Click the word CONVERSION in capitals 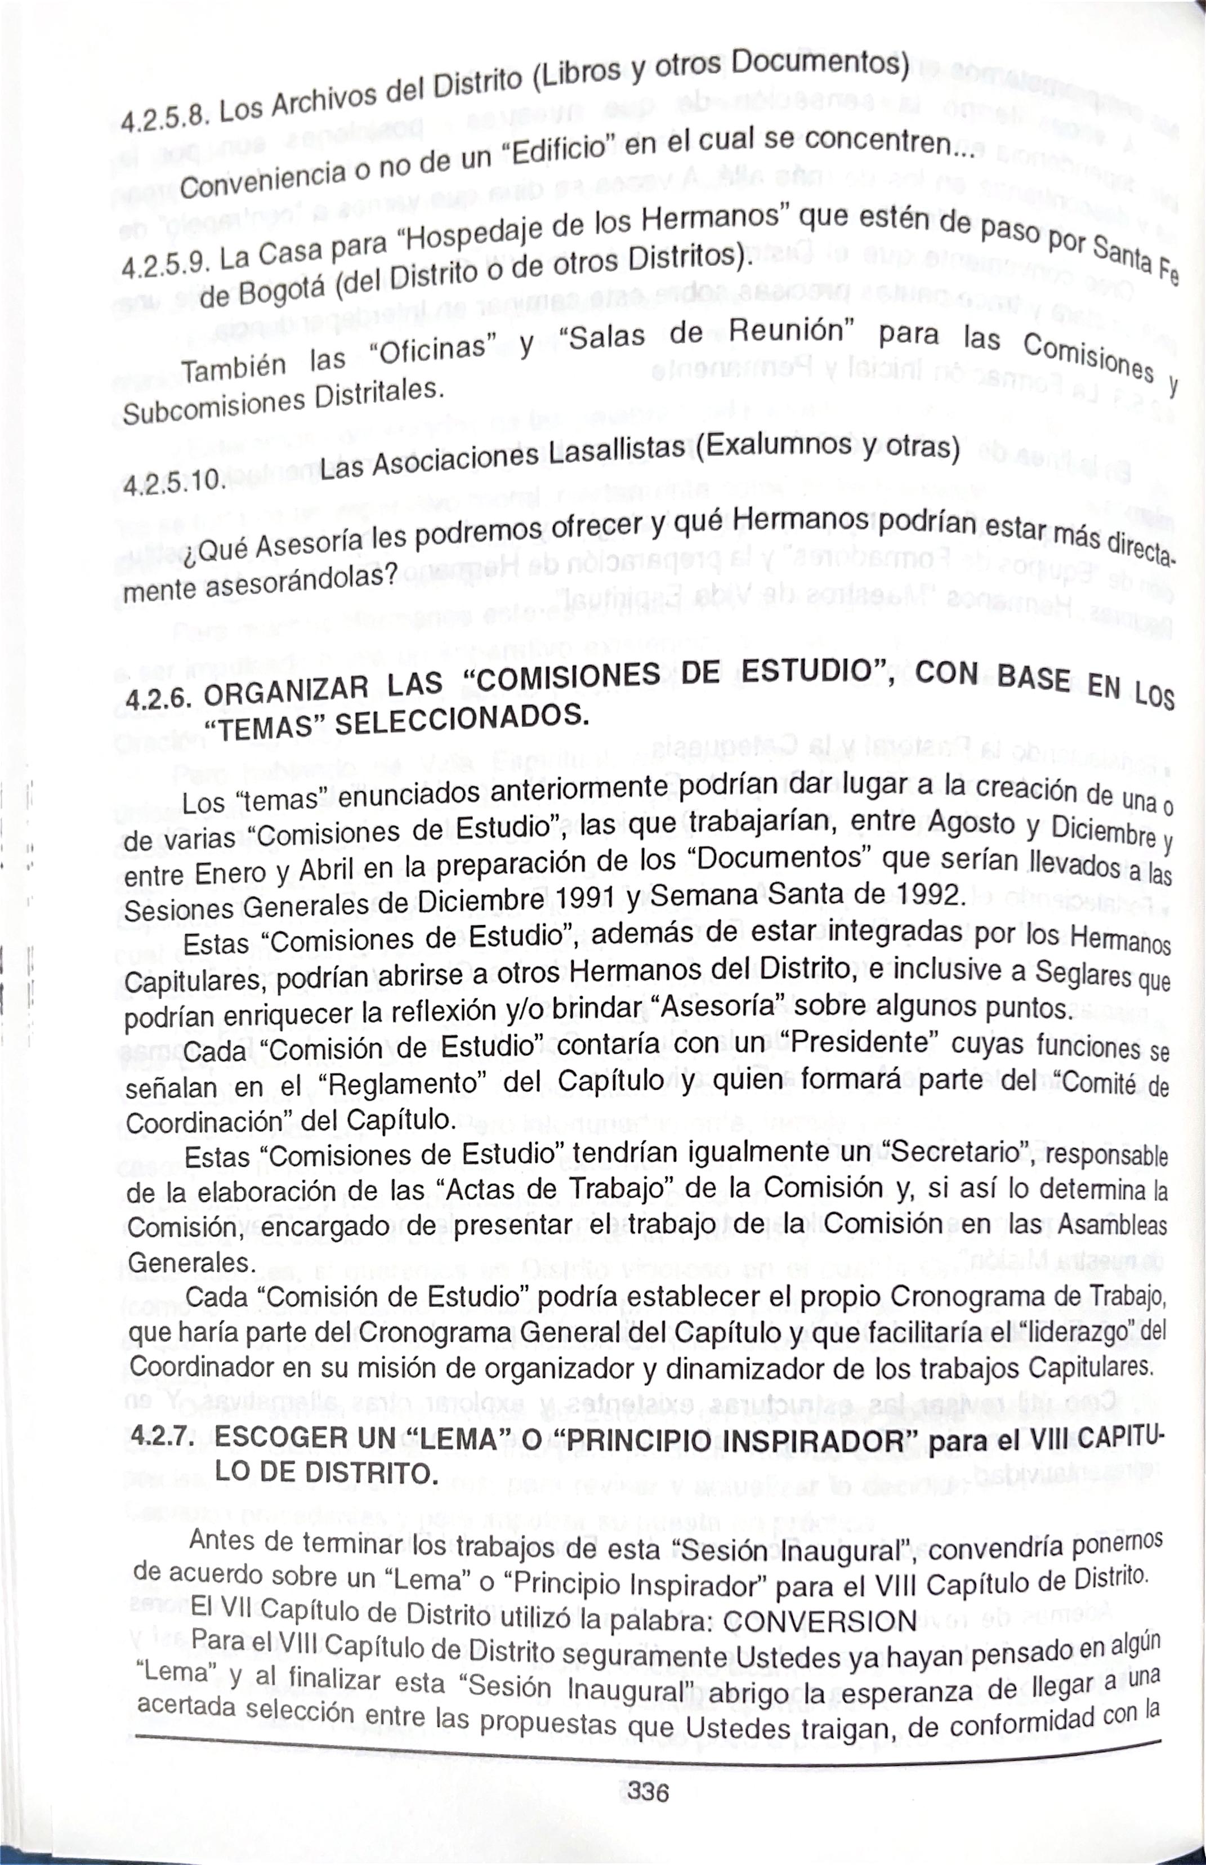point(819,1621)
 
